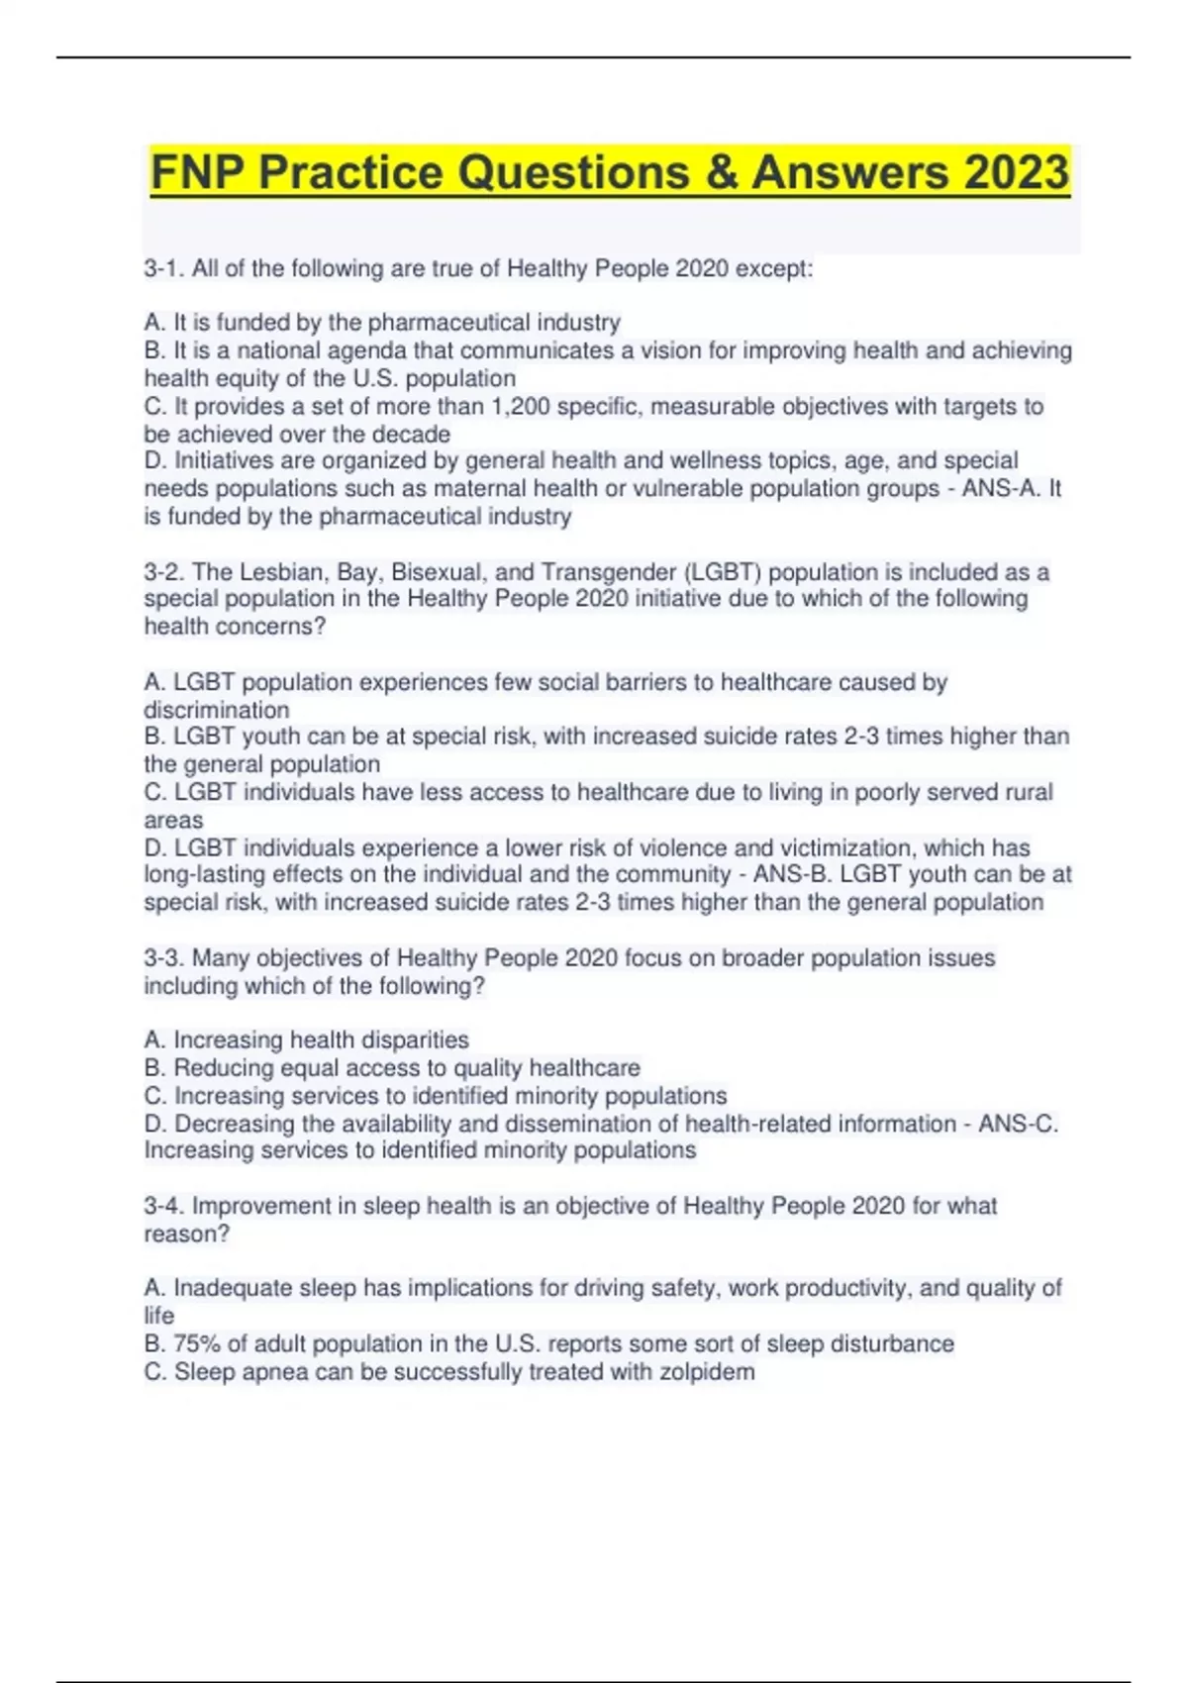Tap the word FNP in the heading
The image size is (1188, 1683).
coord(198,172)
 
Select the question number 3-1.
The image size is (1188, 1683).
coord(162,268)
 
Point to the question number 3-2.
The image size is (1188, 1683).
coord(162,572)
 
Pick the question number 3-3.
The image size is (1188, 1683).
coord(162,958)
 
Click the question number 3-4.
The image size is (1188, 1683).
coord(162,1206)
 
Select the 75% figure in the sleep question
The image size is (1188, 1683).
coord(196,1344)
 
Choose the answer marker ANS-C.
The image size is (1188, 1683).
coord(1017,1125)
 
